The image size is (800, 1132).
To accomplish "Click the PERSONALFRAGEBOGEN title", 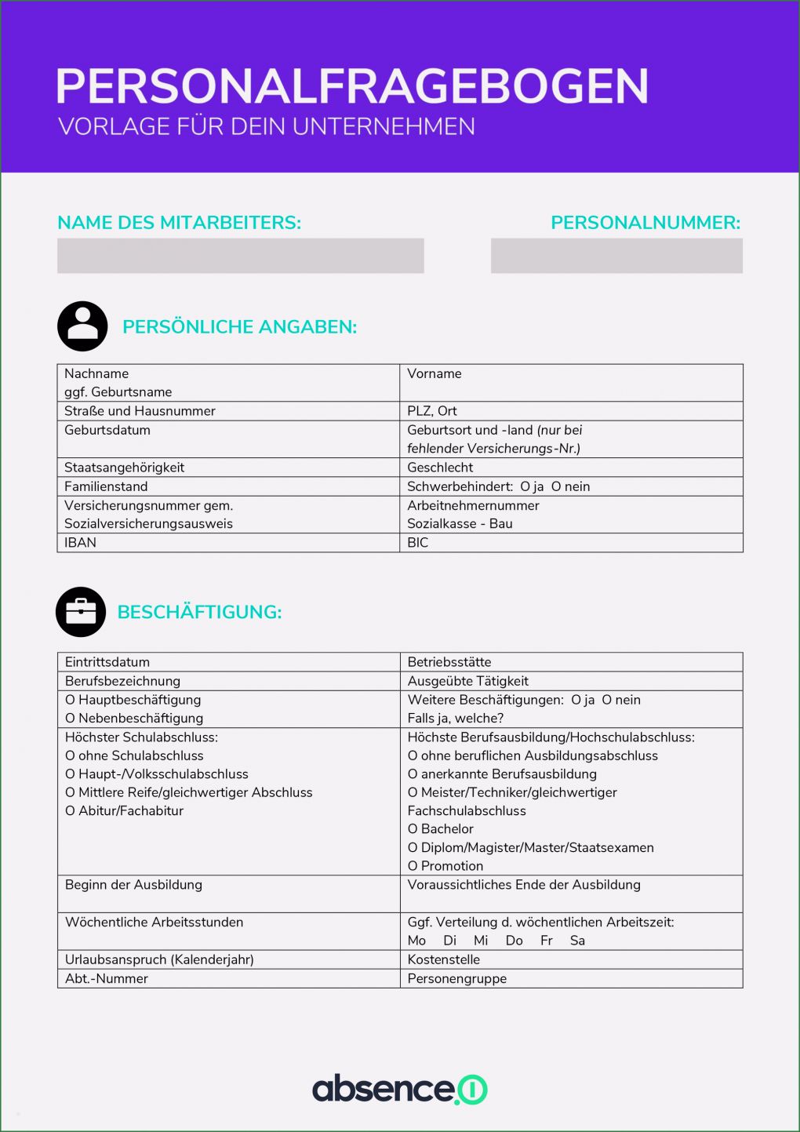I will click(352, 86).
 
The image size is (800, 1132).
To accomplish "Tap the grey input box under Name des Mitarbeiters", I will click(240, 256).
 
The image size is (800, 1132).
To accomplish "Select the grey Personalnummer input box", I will click(616, 256).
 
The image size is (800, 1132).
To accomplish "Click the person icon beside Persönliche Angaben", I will click(82, 326).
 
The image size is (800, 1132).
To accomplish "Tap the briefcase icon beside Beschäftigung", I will click(81, 612).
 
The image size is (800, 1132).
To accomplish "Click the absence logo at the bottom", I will click(399, 1089).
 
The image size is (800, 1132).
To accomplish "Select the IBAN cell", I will click(227, 543).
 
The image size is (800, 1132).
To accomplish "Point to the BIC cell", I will click(570, 543).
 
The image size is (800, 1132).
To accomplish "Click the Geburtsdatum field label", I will click(107, 430).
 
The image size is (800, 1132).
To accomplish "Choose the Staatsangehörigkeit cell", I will click(227, 468).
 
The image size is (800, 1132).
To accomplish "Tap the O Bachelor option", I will click(441, 829).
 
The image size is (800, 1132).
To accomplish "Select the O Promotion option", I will click(445, 866).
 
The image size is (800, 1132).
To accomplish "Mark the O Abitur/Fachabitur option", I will click(124, 811).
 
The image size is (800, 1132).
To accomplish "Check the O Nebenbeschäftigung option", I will click(134, 719).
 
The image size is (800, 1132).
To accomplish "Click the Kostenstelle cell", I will click(570, 959).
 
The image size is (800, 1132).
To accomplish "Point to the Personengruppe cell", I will click(570, 978).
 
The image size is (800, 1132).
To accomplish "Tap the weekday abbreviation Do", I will click(514, 941).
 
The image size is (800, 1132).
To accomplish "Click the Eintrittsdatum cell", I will click(227, 662).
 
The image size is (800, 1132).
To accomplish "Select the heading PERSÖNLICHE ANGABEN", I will click(239, 327).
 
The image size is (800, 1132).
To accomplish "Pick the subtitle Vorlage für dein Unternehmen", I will click(267, 127).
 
